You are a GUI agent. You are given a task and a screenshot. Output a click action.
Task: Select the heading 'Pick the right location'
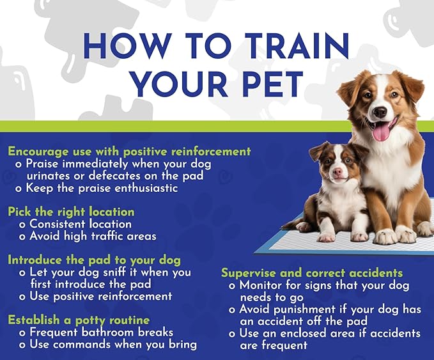tap(71, 212)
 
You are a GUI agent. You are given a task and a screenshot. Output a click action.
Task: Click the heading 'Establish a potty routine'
tap(79, 320)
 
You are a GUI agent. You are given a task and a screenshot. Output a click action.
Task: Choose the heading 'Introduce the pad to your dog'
tap(94, 260)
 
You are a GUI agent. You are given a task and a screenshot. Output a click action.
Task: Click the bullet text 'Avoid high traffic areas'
tap(93, 236)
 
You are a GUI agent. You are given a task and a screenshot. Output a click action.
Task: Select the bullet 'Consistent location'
tap(80, 224)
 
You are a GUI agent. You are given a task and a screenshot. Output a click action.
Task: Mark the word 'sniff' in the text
tap(117, 272)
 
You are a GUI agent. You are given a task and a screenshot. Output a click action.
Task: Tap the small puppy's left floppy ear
tap(318, 152)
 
